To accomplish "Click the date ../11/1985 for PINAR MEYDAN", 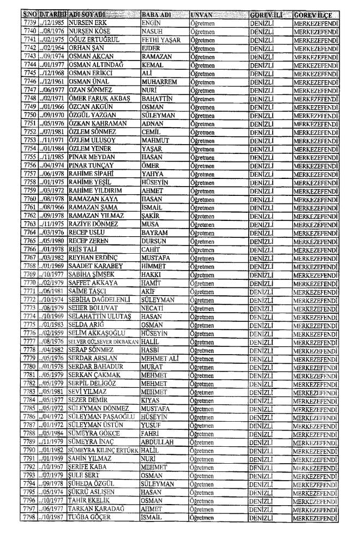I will pos(55,155).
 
